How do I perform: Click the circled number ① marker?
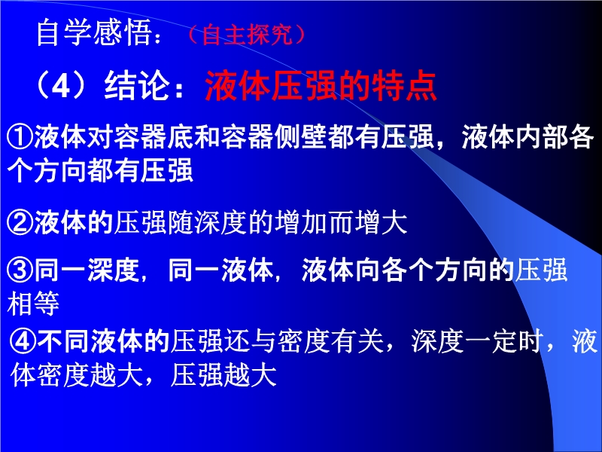pyautogui.click(x=20, y=137)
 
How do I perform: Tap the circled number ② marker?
pyautogui.click(x=20, y=222)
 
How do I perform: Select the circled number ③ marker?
pyautogui.click(x=20, y=270)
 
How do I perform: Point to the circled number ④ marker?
pyautogui.click(x=23, y=341)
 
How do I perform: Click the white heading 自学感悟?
pyautogui.click(x=93, y=33)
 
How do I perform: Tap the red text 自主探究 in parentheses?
pyautogui.click(x=247, y=35)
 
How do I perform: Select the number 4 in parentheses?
pyautogui.click(x=61, y=85)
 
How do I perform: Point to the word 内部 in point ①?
pyautogui.click(x=541, y=137)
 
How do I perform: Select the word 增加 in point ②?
pyautogui.click(x=302, y=222)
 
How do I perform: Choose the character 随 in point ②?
pyautogui.click(x=180, y=222)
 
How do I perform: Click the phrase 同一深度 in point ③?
pyautogui.click(x=87, y=270)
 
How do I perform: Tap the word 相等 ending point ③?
pyautogui.click(x=33, y=304)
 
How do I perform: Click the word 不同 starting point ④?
pyautogui.click(x=63, y=341)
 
